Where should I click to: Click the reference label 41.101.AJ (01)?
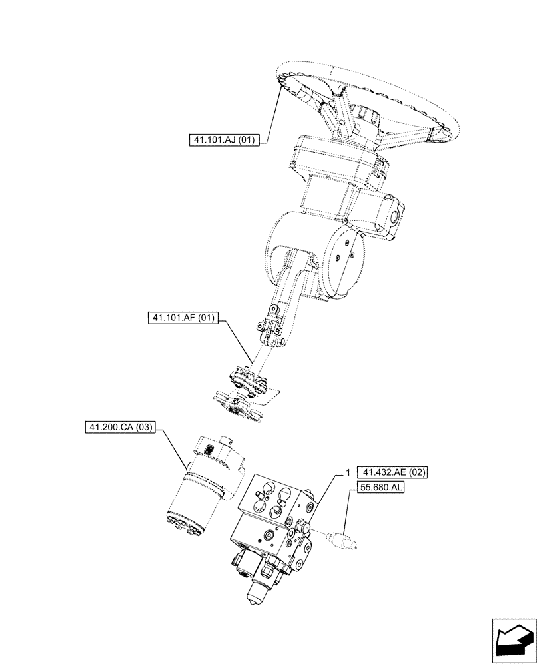(227, 140)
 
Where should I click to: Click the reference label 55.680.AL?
(382, 488)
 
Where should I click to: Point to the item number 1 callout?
(348, 472)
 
